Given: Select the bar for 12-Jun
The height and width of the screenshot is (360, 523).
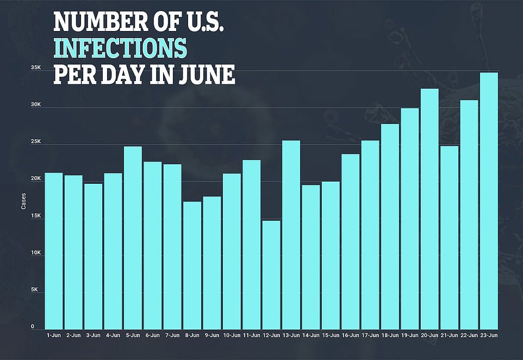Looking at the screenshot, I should click(x=271, y=274).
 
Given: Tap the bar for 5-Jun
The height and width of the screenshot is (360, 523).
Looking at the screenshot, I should click(x=133, y=237).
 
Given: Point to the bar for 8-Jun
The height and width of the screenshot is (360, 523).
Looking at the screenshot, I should click(x=192, y=265).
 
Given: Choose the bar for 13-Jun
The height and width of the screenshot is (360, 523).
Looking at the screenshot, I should click(x=291, y=234).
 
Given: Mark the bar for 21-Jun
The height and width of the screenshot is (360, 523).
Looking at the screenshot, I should click(x=449, y=237).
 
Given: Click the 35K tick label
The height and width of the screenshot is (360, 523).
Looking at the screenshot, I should click(x=36, y=68).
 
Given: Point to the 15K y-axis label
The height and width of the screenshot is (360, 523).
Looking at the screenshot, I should click(x=36, y=216).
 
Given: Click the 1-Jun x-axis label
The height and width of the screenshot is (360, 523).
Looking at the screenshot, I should click(x=53, y=336).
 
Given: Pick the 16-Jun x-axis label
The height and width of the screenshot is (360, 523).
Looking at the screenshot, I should click(x=350, y=336).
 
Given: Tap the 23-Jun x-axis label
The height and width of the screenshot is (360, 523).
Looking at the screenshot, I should click(x=489, y=336).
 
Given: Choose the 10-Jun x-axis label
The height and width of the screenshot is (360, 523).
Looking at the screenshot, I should click(x=232, y=336).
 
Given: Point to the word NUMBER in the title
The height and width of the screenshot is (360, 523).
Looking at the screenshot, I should click(x=97, y=23).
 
